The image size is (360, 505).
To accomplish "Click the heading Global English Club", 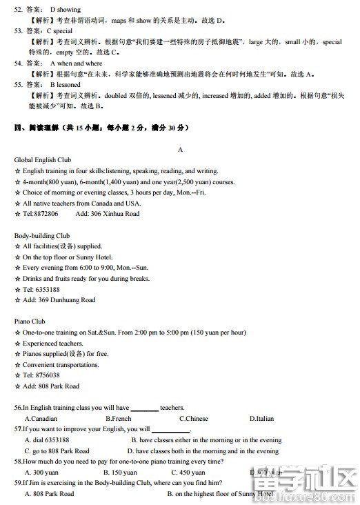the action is [43, 160].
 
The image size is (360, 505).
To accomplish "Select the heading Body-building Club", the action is [41, 235].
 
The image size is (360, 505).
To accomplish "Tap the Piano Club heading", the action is [30, 321].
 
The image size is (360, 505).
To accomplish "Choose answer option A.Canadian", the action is [41, 418].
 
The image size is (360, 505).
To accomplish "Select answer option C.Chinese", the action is [193, 418].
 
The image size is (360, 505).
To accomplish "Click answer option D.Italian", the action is [261, 418].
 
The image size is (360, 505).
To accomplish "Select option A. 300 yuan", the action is [41, 472].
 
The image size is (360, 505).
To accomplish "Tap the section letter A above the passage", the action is [180, 149].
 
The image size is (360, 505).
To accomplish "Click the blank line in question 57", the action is [170, 430].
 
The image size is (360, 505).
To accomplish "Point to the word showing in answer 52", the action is [70, 10].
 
